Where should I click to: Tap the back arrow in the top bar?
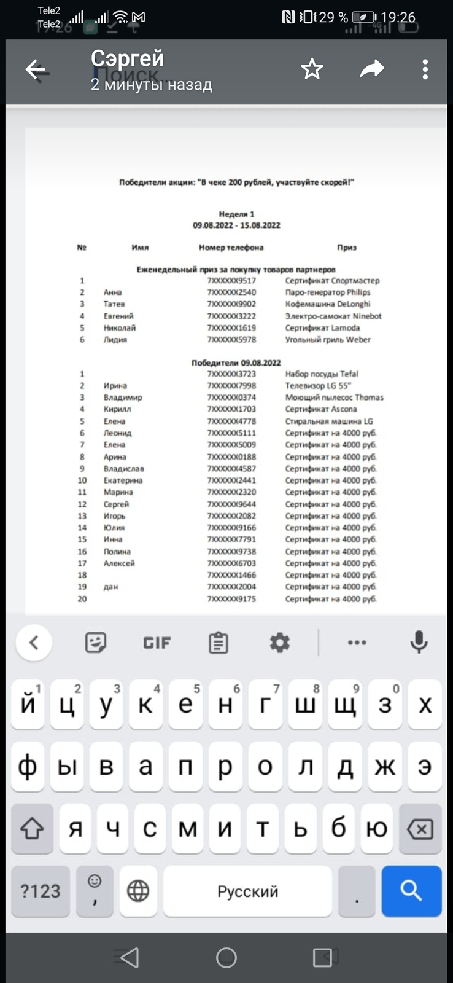pos(36,70)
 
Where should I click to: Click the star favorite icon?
pos(312,69)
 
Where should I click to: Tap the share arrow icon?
pos(371,69)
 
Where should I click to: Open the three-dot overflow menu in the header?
pos(425,69)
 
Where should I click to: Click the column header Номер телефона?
pos(231,248)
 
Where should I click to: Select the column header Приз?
pos(346,248)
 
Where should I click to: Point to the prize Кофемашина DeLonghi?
pos(328,304)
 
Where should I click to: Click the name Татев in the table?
pos(114,304)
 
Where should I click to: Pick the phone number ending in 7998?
pos(231,386)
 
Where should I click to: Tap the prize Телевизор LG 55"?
pos(318,386)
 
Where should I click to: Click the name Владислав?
pos(123,469)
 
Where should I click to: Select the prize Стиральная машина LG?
pos(329,421)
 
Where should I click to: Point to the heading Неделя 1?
pos(236,214)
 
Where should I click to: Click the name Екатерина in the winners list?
pos(123,480)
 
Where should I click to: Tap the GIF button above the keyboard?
pos(157,643)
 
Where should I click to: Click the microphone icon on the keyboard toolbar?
pos(419,643)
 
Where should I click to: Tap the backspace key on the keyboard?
pos(420,829)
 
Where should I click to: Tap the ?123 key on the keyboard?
pos(41,891)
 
